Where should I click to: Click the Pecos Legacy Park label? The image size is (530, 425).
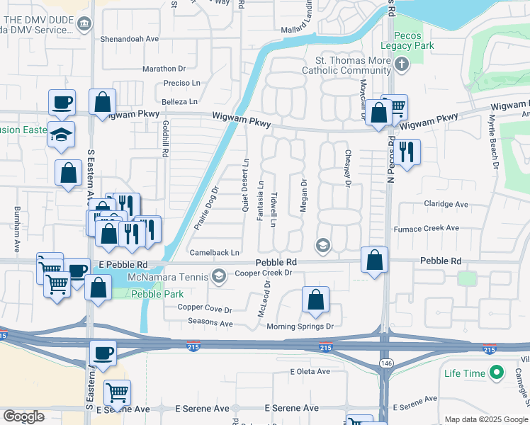pyautogui.click(x=405, y=40)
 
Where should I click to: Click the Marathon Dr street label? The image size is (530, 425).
pyautogui.click(x=163, y=69)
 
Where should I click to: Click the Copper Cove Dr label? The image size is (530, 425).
pyautogui.click(x=205, y=309)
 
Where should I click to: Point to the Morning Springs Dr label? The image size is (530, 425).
pyautogui.click(x=300, y=327)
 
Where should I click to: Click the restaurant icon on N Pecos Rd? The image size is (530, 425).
pyautogui.click(x=406, y=152)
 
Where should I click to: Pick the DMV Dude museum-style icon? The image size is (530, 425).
pyautogui.click(x=84, y=25)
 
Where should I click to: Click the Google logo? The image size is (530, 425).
pyautogui.click(x=23, y=416)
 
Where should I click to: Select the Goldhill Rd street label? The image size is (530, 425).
pyautogui.click(x=164, y=138)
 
